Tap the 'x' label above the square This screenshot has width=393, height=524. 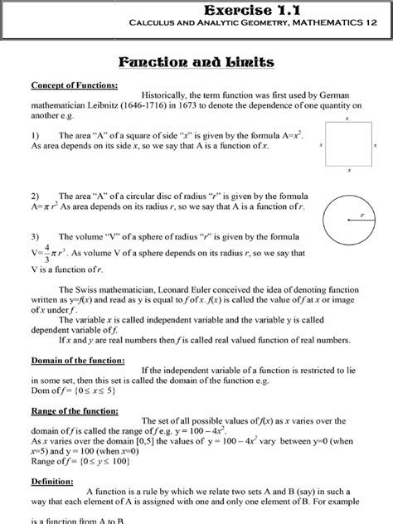pos(347,119)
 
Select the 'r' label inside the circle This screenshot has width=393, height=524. pos(361,216)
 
